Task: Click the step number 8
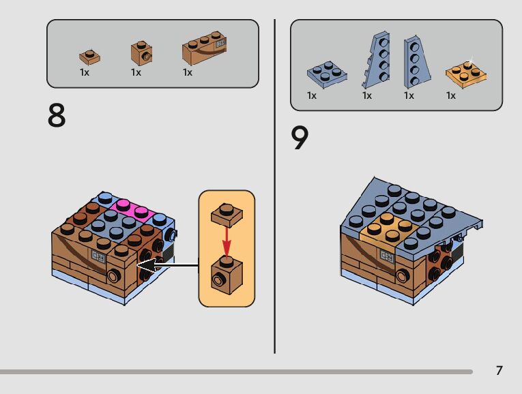tap(57, 117)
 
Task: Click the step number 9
tap(300, 138)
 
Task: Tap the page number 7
tap(499, 371)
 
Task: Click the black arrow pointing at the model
tap(167, 264)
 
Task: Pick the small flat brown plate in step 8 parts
tap(89, 57)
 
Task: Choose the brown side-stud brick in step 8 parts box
tap(141, 53)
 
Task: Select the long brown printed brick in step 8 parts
tap(204, 49)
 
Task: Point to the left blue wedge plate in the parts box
tap(375, 60)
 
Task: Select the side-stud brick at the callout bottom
tap(226, 273)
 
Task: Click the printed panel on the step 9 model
tap(386, 257)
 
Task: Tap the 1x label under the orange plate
tap(451, 95)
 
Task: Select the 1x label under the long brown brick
tap(188, 72)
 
